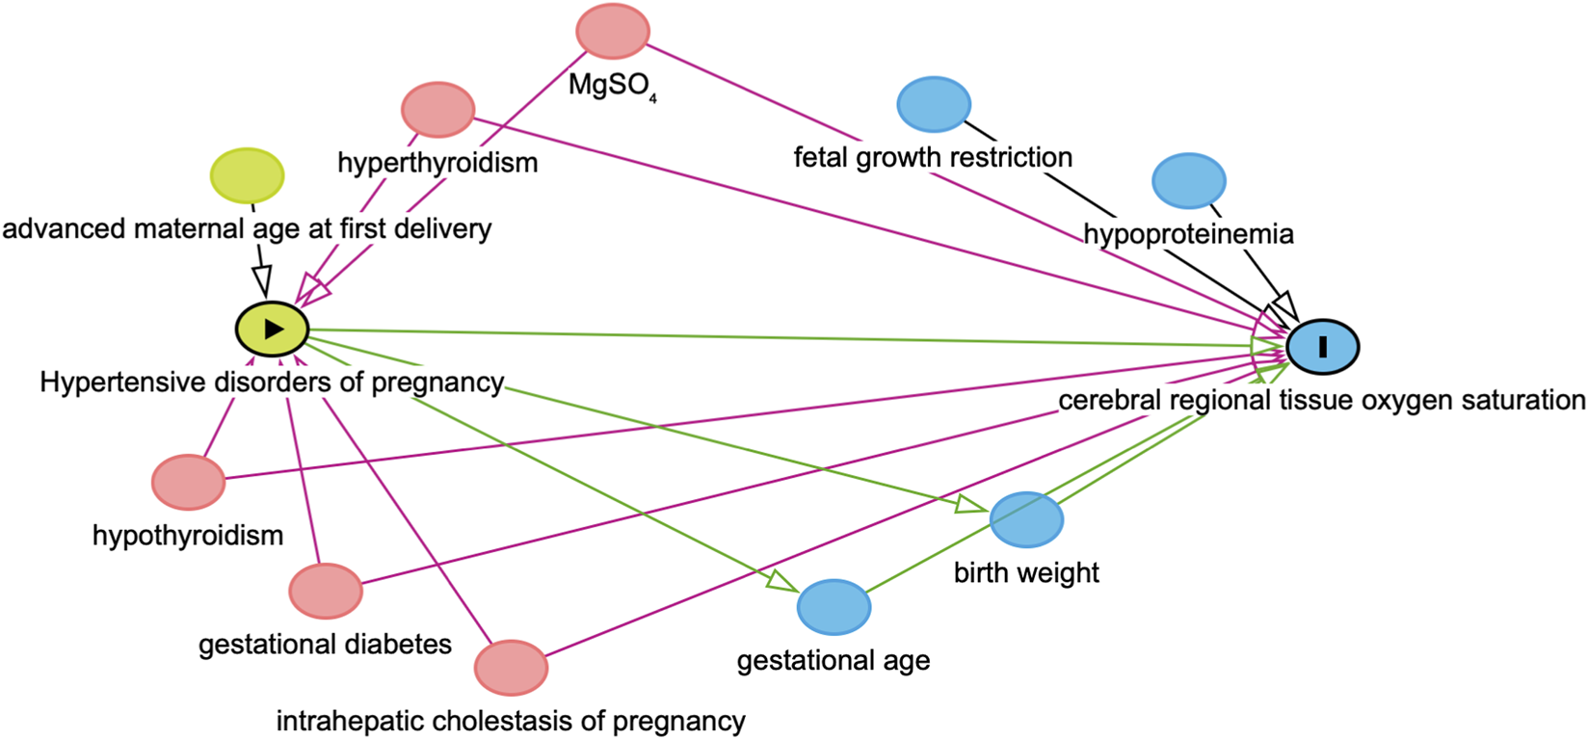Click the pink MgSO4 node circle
pyautogui.click(x=613, y=31)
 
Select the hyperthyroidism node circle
pyautogui.click(x=437, y=109)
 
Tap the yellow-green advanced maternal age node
pyautogui.click(x=248, y=175)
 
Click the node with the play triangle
pyautogui.click(x=273, y=329)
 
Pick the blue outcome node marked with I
pyautogui.click(x=1323, y=346)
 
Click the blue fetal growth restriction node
pyautogui.click(x=933, y=104)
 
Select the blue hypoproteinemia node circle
pyautogui.click(x=1189, y=180)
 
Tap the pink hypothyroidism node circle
pyautogui.click(x=188, y=482)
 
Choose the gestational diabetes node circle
pyautogui.click(x=326, y=591)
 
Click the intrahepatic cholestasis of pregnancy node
pyautogui.click(x=511, y=667)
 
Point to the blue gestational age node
pyautogui.click(x=834, y=607)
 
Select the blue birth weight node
pyautogui.click(x=1026, y=519)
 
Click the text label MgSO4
pyautogui.click(x=612, y=86)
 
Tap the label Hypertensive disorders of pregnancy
pyautogui.click(x=272, y=383)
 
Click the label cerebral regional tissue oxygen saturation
pyautogui.click(x=1321, y=400)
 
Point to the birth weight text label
pyautogui.click(x=1026, y=573)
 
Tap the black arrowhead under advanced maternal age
pyautogui.click(x=261, y=281)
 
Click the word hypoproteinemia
pyautogui.click(x=1188, y=234)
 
